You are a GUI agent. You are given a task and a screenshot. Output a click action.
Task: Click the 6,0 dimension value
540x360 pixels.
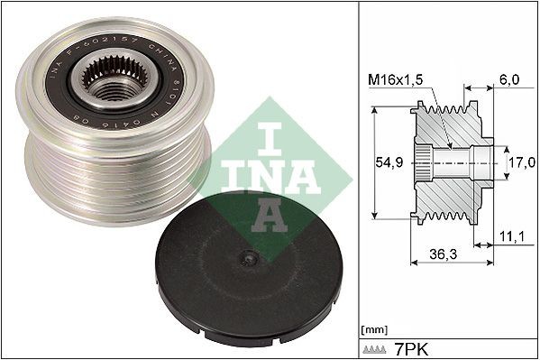[508, 78]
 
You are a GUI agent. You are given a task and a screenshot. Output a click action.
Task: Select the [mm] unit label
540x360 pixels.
[372, 328]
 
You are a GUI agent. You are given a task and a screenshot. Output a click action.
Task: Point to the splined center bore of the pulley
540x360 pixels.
[110, 85]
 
